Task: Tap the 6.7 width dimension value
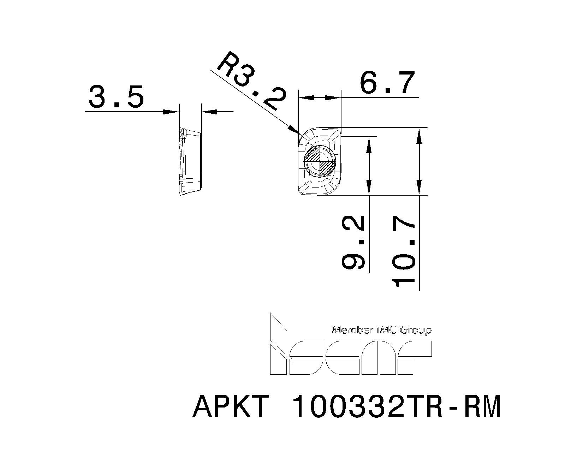click(x=386, y=83)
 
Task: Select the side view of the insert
click(x=190, y=162)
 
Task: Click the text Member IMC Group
click(x=382, y=330)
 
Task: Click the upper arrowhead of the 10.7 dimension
click(x=419, y=136)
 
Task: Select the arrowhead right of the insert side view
click(x=209, y=112)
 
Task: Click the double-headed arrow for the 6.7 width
click(x=320, y=97)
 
